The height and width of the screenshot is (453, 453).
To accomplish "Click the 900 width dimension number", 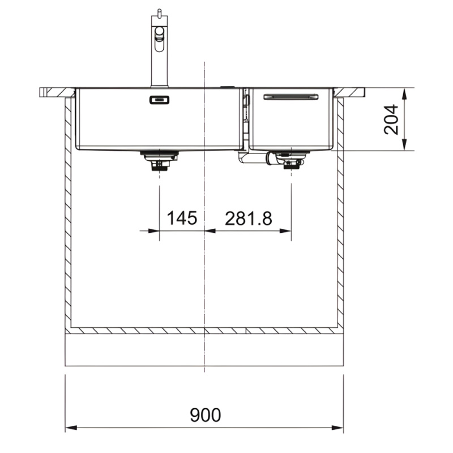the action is pyautogui.click(x=206, y=415).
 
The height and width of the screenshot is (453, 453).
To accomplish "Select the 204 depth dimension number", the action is pyautogui.click(x=391, y=119).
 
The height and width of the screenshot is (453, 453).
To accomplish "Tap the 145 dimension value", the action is pyautogui.click(x=182, y=218).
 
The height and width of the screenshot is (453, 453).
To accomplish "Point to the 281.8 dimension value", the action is pyautogui.click(x=249, y=218).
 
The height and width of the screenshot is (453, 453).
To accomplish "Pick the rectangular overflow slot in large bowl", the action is pyautogui.click(x=159, y=100).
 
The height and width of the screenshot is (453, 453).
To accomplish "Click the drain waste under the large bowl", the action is pyautogui.click(x=159, y=161).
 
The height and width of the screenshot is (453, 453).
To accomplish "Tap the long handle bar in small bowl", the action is pyautogui.click(x=291, y=97).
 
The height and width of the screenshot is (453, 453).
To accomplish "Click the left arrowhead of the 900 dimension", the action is pyautogui.click(x=71, y=428).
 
